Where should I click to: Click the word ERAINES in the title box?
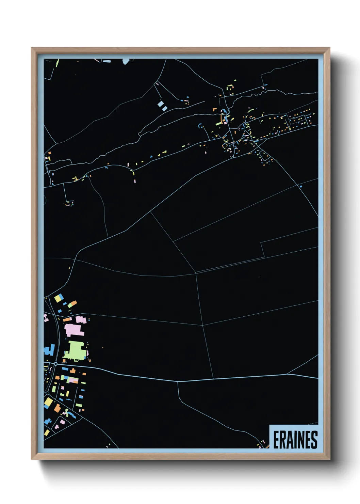coord(295,440)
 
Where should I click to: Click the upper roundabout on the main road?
coord(55,364)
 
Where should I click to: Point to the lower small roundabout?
coord(47,393)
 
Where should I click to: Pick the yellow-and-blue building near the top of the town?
coord(58,299)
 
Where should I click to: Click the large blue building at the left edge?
coord(49,350)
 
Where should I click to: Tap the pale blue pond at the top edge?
coord(126,61)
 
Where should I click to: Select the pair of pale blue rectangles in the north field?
coord(162,106)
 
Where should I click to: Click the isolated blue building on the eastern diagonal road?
coord(300,186)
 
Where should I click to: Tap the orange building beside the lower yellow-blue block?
coord(57,408)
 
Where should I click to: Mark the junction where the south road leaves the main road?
coord(178,381)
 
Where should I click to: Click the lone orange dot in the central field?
coord(259,277)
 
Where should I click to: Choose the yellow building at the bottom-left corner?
coord(47,433)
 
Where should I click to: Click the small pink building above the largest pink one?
coord(81,319)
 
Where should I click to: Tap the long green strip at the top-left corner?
coord(57,63)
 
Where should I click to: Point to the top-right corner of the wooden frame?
coord(329,48)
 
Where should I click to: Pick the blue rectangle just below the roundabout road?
coord(65,369)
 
